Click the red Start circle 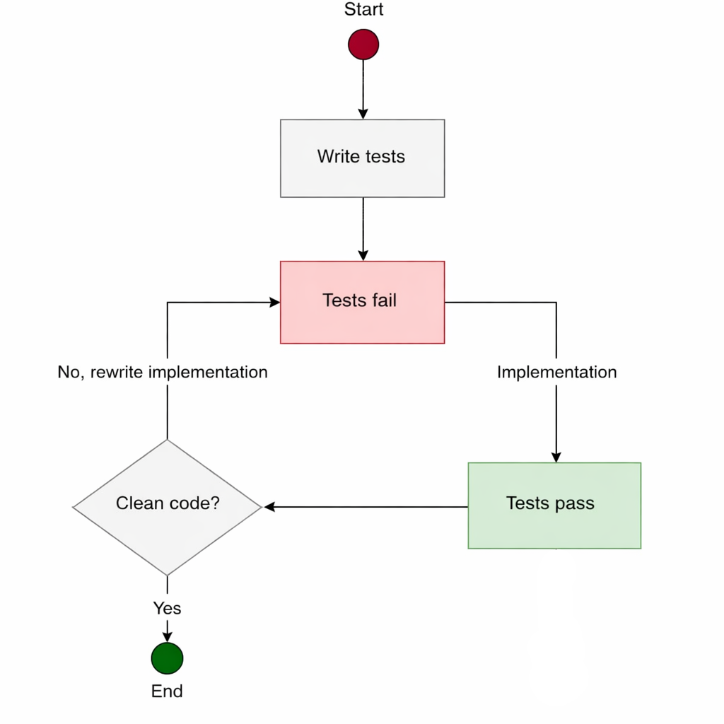click(363, 45)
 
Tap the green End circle click(167, 658)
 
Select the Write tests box click(362, 158)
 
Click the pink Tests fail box click(362, 302)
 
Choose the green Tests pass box click(554, 505)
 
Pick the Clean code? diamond click(168, 506)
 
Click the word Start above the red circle click(363, 10)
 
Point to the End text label click(167, 691)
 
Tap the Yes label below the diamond click(167, 608)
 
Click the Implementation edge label click(556, 372)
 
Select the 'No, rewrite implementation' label click(163, 372)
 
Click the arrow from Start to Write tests click(363, 88)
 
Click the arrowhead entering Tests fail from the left click(275, 302)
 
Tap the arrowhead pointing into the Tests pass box click(556, 457)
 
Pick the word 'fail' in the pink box click(383, 300)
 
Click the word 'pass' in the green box click(574, 503)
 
